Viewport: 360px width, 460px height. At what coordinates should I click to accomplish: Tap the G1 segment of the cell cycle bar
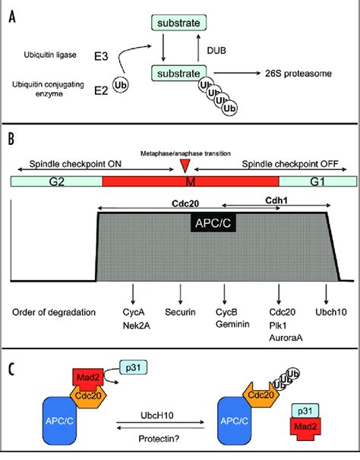316,182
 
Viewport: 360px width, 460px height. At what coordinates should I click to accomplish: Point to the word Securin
180,312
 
